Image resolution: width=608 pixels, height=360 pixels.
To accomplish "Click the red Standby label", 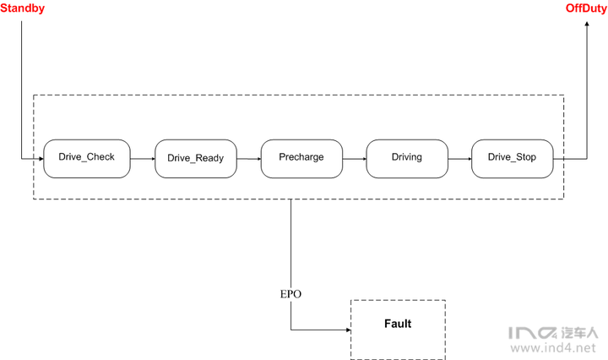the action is (22, 8).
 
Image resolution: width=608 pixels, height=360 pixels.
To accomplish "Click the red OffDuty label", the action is (586, 8).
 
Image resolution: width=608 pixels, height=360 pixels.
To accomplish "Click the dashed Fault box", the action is (351, 330).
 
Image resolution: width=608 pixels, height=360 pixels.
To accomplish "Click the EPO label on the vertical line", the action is (290, 294).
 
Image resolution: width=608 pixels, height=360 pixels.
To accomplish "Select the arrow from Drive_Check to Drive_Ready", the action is (143, 159).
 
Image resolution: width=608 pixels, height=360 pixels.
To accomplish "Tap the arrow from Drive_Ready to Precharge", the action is (249, 159).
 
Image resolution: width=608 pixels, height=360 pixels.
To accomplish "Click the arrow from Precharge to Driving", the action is (355, 159).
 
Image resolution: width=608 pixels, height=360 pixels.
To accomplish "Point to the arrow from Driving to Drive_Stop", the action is (460, 159).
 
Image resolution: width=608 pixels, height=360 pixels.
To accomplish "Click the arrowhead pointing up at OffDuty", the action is (587, 24).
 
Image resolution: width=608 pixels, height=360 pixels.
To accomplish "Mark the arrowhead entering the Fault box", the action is (349, 330).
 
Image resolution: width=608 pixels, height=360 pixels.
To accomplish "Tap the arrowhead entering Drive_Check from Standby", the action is (41, 159).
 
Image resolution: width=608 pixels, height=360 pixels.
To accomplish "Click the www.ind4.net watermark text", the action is (553, 347).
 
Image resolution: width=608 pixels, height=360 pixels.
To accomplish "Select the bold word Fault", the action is (398, 324).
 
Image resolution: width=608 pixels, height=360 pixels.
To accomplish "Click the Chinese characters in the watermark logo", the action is (579, 333).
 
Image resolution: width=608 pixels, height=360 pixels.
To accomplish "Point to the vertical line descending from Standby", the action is (21, 90).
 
